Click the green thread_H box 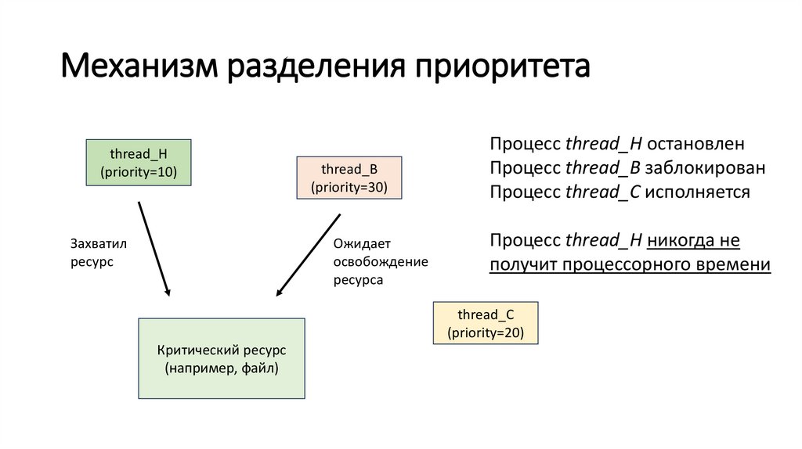[139, 162]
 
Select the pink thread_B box [349, 178]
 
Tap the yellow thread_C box [486, 323]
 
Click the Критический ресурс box [222, 358]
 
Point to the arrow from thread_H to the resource [154, 248]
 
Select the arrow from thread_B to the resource [308, 255]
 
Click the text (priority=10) [139, 171]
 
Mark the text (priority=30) [349, 187]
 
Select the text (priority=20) [486, 332]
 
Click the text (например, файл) [222, 368]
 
